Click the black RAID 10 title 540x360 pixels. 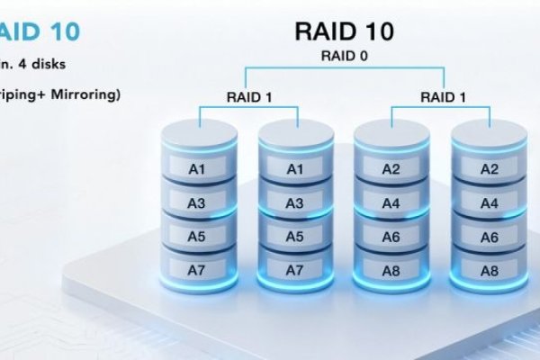click(x=343, y=31)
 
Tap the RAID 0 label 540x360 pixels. click(x=344, y=56)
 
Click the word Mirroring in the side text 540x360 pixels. click(x=86, y=94)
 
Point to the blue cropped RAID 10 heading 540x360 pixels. click(x=40, y=32)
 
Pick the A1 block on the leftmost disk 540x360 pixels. click(x=196, y=168)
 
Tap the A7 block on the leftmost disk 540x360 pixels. click(x=196, y=269)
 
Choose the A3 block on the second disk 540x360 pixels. click(x=294, y=203)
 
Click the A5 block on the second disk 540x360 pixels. click(x=294, y=237)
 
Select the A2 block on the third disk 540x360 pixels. click(x=391, y=168)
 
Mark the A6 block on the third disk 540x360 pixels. click(x=391, y=237)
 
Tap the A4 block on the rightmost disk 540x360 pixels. click(x=488, y=203)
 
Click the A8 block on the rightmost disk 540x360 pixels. click(x=488, y=269)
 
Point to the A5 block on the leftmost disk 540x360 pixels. click(x=196, y=237)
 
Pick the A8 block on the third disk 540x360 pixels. click(x=391, y=269)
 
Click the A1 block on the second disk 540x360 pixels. click(x=294, y=168)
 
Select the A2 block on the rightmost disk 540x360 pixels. click(x=488, y=168)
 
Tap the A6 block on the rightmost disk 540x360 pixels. click(x=488, y=237)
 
